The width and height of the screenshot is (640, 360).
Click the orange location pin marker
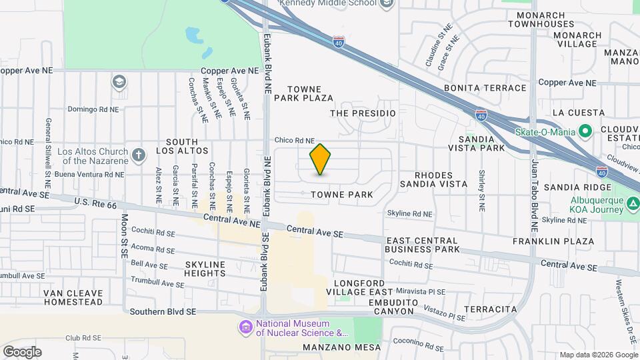(x=321, y=159)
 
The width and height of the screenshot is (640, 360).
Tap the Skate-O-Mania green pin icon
(x=586, y=131)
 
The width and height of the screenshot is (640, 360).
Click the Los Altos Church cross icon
(x=139, y=155)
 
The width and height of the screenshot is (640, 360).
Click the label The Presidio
(x=363, y=113)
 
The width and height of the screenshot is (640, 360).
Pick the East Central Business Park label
(x=422, y=245)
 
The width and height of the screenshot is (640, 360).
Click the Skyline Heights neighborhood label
(x=205, y=269)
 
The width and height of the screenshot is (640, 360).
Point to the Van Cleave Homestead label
(x=73, y=297)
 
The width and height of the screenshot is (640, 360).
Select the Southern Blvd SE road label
(x=163, y=311)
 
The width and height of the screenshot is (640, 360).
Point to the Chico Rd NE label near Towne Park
(x=294, y=141)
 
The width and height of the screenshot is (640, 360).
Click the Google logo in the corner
(x=22, y=351)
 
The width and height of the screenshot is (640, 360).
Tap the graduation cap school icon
(x=119, y=82)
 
